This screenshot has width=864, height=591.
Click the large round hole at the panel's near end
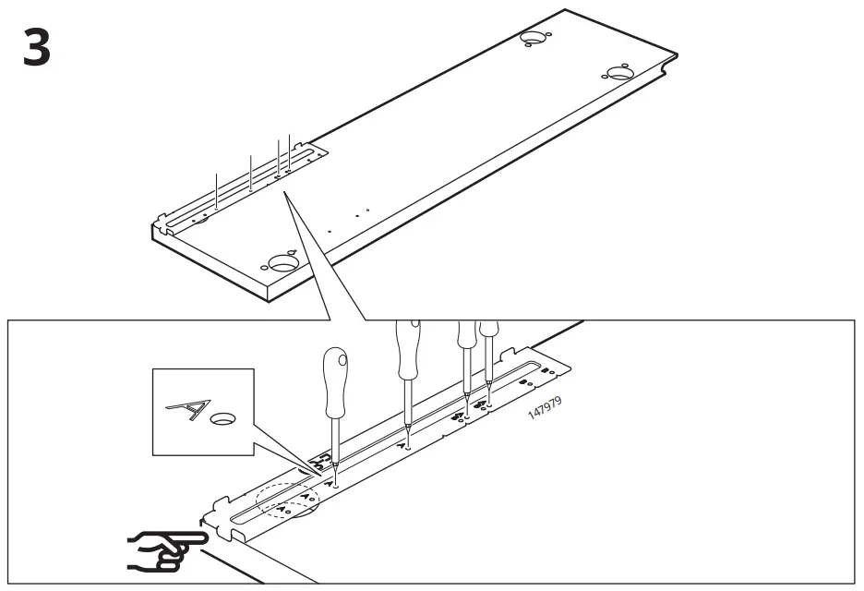[x=282, y=263]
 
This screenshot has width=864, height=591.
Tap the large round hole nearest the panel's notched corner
[x=619, y=73]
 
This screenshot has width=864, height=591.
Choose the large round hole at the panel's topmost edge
[x=534, y=38]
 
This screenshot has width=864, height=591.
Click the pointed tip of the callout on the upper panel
[x=285, y=195]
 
